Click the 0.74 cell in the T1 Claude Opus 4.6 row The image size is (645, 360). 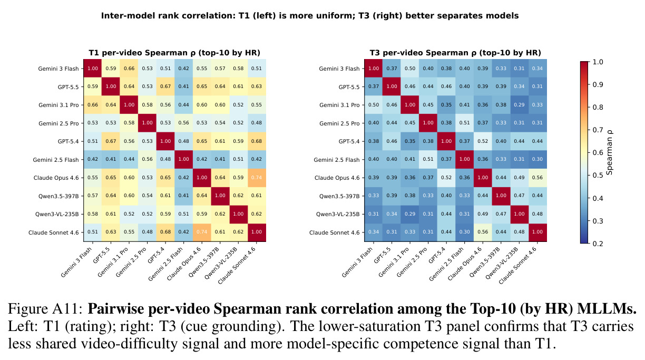[x=257, y=178]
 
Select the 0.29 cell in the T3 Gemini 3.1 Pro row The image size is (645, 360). [x=519, y=105]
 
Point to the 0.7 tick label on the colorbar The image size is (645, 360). [x=598, y=130]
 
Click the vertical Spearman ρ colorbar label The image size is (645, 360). [x=609, y=153]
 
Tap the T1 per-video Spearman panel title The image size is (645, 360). [x=174, y=53]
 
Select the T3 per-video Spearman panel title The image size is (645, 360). [x=455, y=53]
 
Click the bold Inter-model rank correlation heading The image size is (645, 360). [x=310, y=16]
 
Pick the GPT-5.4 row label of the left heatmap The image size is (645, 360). [x=69, y=141]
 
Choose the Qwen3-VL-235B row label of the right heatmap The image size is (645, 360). [x=338, y=215]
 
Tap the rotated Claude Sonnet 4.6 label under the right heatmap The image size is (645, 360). [x=518, y=266]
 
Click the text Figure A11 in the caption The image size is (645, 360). [x=45, y=309]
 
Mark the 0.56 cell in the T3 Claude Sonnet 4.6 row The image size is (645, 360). [x=483, y=232]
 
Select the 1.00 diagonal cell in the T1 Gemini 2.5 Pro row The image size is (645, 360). [x=147, y=123]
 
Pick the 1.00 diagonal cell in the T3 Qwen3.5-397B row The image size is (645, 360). [x=501, y=196]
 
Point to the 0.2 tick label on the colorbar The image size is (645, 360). [x=598, y=244]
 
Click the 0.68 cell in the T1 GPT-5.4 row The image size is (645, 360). [x=257, y=141]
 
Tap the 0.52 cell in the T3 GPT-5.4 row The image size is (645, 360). [x=483, y=141]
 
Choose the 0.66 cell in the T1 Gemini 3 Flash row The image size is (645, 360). [x=129, y=69]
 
